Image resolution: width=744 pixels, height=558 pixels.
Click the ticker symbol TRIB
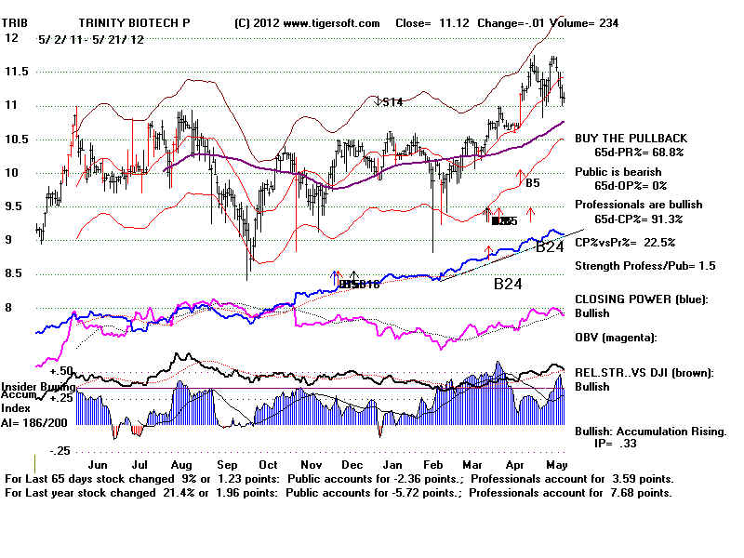click(20, 22)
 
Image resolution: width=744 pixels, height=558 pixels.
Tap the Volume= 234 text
click(584, 22)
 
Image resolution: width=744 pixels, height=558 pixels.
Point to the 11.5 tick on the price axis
click(15, 72)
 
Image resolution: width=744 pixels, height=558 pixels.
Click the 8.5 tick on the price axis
click(15, 274)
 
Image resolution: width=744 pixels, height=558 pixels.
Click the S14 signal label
click(392, 102)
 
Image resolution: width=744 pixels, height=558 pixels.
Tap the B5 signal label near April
click(532, 184)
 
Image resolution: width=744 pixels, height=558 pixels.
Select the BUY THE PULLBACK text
click(631, 139)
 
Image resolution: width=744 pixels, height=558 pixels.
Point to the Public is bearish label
click(618, 172)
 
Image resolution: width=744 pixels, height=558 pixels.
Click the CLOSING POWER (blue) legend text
click(642, 300)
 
